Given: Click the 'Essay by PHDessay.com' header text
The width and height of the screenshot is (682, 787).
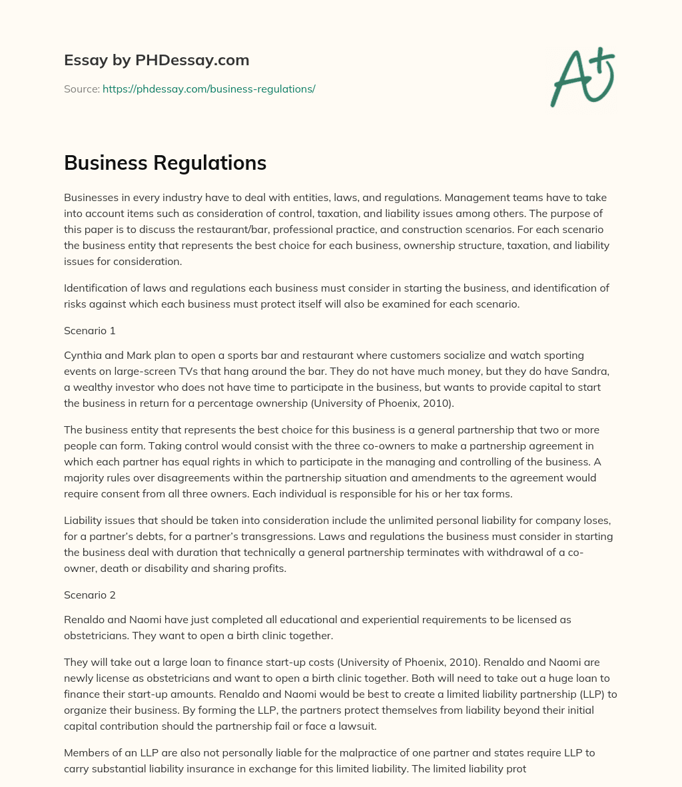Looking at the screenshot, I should point(157,61).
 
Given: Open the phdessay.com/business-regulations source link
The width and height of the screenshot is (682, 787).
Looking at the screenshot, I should point(208,89).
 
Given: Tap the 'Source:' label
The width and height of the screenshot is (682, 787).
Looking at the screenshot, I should point(81,89).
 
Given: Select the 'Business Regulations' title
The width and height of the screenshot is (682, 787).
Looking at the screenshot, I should point(165,163).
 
